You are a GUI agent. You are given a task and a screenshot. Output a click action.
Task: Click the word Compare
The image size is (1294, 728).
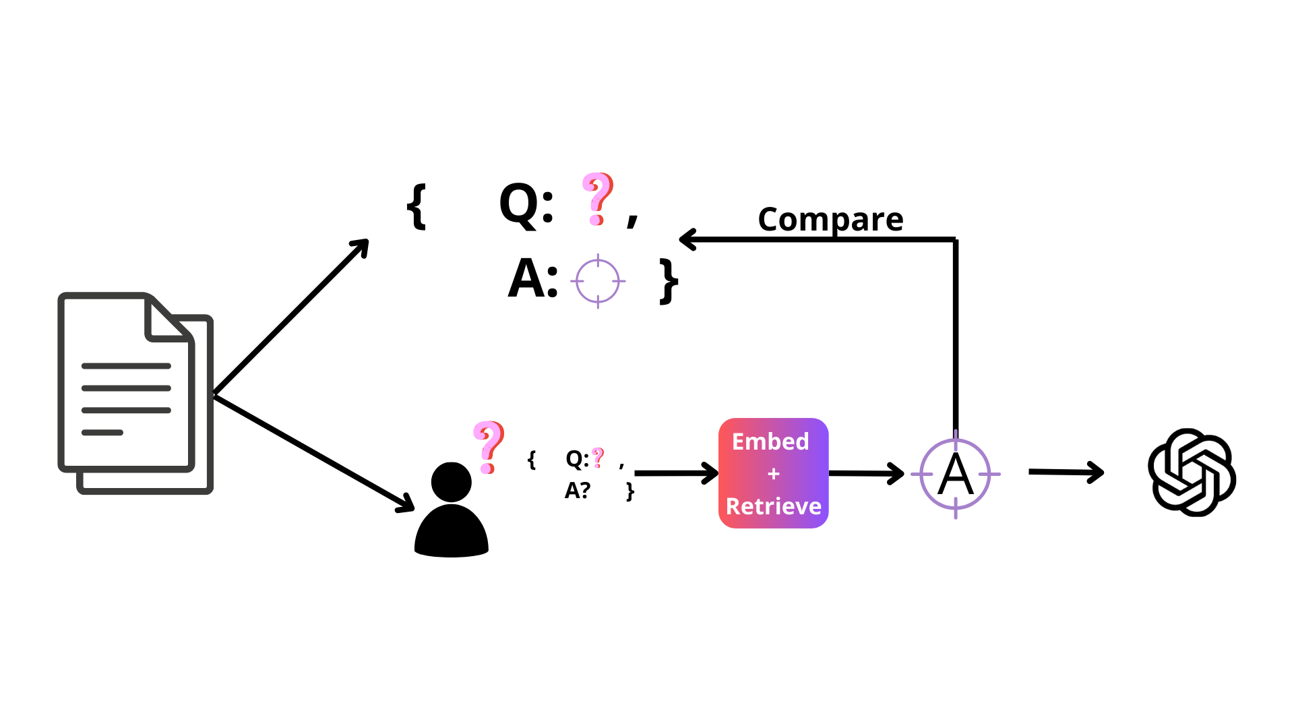[x=830, y=219]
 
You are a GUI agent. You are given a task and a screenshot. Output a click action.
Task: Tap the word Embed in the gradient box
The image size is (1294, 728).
[x=770, y=442]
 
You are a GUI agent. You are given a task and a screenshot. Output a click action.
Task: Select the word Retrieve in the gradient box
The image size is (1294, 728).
[x=773, y=506]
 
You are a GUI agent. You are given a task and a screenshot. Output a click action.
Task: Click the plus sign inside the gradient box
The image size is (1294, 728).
[x=773, y=475]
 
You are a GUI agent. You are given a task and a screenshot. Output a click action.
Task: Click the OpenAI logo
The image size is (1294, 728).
[x=1192, y=473]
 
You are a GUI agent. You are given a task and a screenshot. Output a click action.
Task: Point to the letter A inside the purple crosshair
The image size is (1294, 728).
[x=955, y=475]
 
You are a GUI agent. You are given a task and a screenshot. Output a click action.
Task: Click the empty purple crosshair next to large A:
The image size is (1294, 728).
[x=598, y=281]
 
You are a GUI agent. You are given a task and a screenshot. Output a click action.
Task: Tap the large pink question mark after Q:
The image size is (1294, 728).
[x=597, y=199]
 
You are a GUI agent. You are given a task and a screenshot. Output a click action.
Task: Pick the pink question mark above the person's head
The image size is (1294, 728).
[x=489, y=447]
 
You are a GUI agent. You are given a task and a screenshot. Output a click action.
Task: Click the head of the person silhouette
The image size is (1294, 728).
[x=451, y=482]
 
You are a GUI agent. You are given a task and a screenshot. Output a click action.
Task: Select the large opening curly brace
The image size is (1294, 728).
[x=417, y=207]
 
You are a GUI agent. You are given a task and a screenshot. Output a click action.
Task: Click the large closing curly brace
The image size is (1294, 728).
[x=669, y=281]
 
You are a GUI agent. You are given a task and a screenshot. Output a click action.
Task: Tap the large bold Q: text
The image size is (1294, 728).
[x=526, y=204]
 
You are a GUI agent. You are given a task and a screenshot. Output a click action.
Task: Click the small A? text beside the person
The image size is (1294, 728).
[x=578, y=491]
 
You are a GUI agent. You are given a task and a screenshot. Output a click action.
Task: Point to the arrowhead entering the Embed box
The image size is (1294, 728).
[x=712, y=473]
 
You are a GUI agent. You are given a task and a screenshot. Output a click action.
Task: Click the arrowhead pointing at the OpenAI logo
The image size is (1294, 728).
[x=1097, y=473]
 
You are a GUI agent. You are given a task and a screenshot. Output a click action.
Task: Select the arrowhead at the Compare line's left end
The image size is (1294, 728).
[x=686, y=239]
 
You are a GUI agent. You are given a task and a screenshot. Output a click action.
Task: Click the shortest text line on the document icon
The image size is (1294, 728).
[x=102, y=433]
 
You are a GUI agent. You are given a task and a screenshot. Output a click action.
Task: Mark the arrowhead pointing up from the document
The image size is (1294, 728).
[x=362, y=245]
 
